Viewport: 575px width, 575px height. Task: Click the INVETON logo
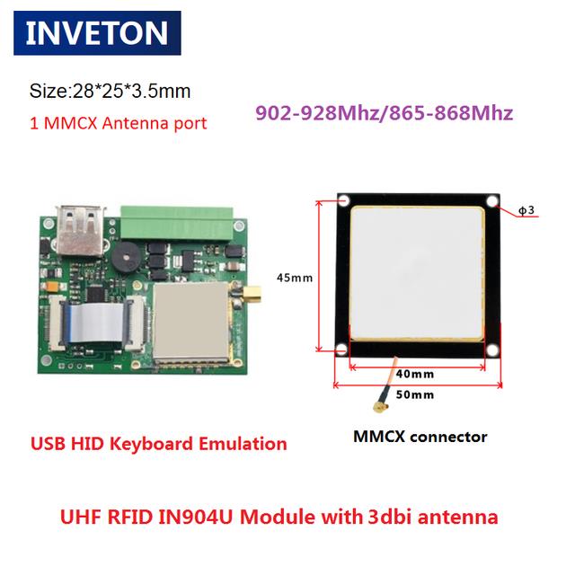pos(97,33)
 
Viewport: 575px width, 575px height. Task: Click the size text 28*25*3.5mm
pos(111,92)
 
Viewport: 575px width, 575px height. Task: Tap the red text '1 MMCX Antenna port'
pos(119,122)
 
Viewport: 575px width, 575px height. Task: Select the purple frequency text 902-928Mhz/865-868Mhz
pos(384,113)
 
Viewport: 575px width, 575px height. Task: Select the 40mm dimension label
pos(415,374)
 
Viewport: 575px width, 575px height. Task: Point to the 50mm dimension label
pos(415,394)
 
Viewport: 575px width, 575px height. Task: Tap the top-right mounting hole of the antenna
pos(491,199)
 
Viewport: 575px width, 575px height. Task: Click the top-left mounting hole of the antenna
pos(344,199)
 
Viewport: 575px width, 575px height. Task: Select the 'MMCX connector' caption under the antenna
pos(419,438)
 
